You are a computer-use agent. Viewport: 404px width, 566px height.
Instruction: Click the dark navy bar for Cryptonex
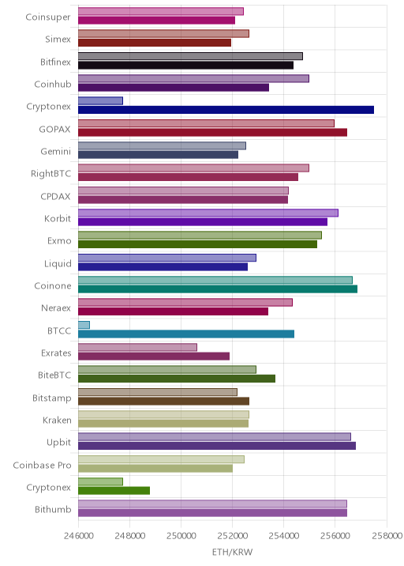pos(226,110)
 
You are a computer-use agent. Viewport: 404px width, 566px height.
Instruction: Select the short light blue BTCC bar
pos(84,325)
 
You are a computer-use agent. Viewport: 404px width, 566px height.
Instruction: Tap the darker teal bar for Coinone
pos(218,289)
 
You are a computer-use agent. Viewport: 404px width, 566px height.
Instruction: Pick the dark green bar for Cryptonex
pos(114,491)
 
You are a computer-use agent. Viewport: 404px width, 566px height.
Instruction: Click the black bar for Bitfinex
pos(185,66)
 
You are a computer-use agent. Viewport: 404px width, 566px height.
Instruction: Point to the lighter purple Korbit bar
pos(208,213)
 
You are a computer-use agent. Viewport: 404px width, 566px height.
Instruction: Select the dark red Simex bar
pos(155,43)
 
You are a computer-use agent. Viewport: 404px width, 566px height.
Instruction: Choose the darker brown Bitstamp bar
pos(163,401)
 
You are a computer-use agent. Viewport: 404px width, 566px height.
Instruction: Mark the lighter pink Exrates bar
pos(137,347)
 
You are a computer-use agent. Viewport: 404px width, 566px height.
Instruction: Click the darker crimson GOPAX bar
pos(212,133)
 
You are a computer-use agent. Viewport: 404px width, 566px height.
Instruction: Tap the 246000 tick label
pos(79,535)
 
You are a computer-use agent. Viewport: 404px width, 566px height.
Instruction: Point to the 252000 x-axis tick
pos(233,535)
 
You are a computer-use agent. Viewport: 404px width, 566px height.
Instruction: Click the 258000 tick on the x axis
pos(387,535)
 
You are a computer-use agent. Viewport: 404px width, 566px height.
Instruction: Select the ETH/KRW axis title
pos(233,552)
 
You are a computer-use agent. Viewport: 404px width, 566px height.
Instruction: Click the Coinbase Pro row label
pos(42,466)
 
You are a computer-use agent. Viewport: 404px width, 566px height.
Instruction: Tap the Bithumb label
pos(53,509)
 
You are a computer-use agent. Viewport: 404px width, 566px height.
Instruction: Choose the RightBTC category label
pos(50,174)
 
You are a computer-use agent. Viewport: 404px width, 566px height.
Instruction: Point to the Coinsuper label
pos(48,17)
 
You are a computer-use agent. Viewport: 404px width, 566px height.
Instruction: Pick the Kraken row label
pos(57,421)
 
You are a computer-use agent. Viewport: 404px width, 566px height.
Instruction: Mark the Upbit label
pos(58,443)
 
